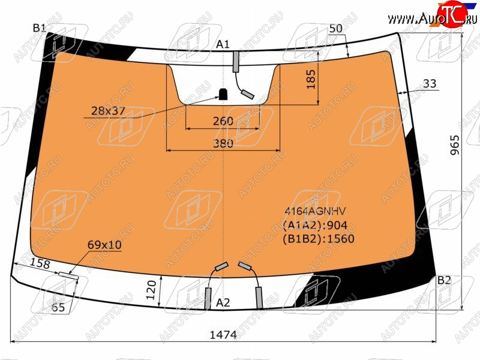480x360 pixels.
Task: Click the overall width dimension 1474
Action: pyautogui.click(x=223, y=335)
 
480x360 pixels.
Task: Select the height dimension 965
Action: pyautogui.click(x=455, y=145)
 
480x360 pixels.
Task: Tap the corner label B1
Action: pyautogui.click(x=39, y=28)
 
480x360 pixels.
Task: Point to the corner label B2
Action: pyautogui.click(x=444, y=280)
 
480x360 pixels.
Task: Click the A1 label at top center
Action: pyautogui.click(x=223, y=44)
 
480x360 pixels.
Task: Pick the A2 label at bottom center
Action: pyautogui.click(x=223, y=302)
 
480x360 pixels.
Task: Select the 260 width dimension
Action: pyautogui.click(x=223, y=121)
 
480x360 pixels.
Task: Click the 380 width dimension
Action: pyautogui.click(x=223, y=143)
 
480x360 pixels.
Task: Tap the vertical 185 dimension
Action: pyautogui.click(x=311, y=79)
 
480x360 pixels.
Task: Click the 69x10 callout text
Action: pyautogui.click(x=104, y=245)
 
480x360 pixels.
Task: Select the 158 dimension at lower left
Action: pyautogui.click(x=40, y=263)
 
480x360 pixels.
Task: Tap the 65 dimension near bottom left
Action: pyautogui.click(x=58, y=307)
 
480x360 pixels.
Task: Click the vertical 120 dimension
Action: pyautogui.click(x=151, y=290)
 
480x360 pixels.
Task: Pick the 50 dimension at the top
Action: pyautogui.click(x=336, y=28)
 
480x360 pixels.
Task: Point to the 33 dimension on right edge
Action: pyautogui.click(x=430, y=83)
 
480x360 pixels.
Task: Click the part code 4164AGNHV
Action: pyautogui.click(x=316, y=211)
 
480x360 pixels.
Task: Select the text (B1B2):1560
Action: pyautogui.click(x=319, y=238)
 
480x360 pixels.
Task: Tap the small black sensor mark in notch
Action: pyautogui.click(x=223, y=94)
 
